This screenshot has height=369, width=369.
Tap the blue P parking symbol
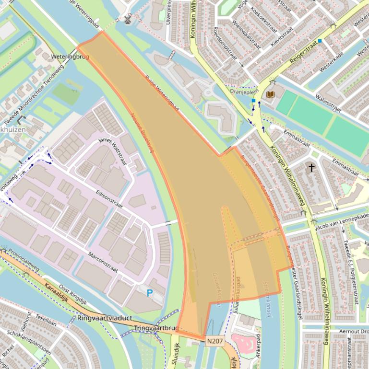150,293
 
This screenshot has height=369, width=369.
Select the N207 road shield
215,341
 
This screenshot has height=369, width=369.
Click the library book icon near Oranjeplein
271,94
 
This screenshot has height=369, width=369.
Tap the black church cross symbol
311,168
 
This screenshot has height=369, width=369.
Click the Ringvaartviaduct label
105,318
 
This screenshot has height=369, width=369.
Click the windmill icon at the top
128,19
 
